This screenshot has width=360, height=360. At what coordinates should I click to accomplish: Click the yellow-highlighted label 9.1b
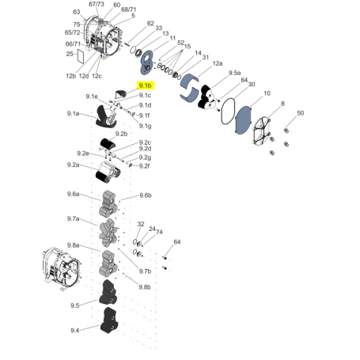click(x=146, y=85)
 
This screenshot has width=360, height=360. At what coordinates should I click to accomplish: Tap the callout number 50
click(x=300, y=115)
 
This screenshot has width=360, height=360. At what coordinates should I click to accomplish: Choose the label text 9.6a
click(x=73, y=194)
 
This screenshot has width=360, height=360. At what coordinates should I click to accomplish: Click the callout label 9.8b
click(x=145, y=286)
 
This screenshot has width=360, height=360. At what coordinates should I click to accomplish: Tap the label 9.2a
click(x=73, y=165)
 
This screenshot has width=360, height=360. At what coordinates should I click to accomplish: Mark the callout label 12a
click(x=217, y=63)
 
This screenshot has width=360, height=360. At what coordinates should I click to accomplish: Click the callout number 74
click(x=158, y=232)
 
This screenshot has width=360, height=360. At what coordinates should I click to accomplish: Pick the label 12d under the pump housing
click(x=84, y=76)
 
